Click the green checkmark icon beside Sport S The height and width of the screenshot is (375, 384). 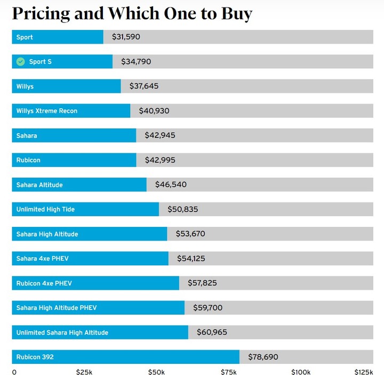pos(20,62)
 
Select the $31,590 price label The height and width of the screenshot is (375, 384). pos(126,37)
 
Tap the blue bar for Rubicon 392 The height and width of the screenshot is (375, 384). pos(125,357)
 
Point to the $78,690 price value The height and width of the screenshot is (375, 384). pos(263,357)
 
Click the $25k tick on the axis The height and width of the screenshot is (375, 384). pos(84,371)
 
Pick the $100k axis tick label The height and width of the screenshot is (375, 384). pos(301,371)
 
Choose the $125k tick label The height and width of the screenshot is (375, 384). pos(364,371)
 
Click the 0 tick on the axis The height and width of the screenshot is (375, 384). pos(14,371)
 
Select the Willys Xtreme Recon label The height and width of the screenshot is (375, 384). pos(47,111)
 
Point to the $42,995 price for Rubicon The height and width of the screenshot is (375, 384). pos(160,160)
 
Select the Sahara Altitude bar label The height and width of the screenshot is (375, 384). pos(39,185)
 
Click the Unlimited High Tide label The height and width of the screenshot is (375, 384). pos(45,209)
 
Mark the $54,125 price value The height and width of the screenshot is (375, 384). pos(191,259)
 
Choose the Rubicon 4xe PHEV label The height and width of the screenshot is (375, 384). pos(44,283)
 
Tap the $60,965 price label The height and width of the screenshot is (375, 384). pos(212,332)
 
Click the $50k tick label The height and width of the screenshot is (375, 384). pos(156,371)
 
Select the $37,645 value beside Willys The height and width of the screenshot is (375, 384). pos(144,86)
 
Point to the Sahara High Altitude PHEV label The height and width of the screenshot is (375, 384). pos(57,308)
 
